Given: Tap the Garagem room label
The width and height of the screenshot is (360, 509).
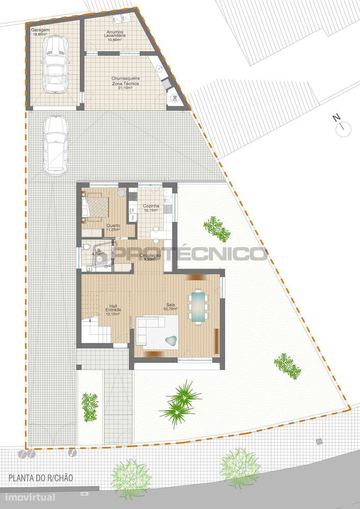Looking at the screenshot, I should tap(41, 32).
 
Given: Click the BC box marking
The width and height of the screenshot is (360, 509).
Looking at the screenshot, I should tap(174, 98).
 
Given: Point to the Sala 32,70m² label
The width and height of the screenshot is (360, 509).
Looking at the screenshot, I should tap(170, 306).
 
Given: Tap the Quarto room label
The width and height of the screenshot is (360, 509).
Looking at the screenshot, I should tap(113, 227).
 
